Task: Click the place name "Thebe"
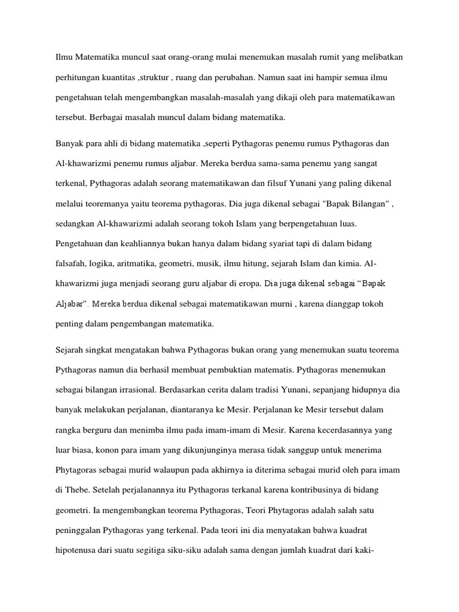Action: [x=72, y=491]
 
